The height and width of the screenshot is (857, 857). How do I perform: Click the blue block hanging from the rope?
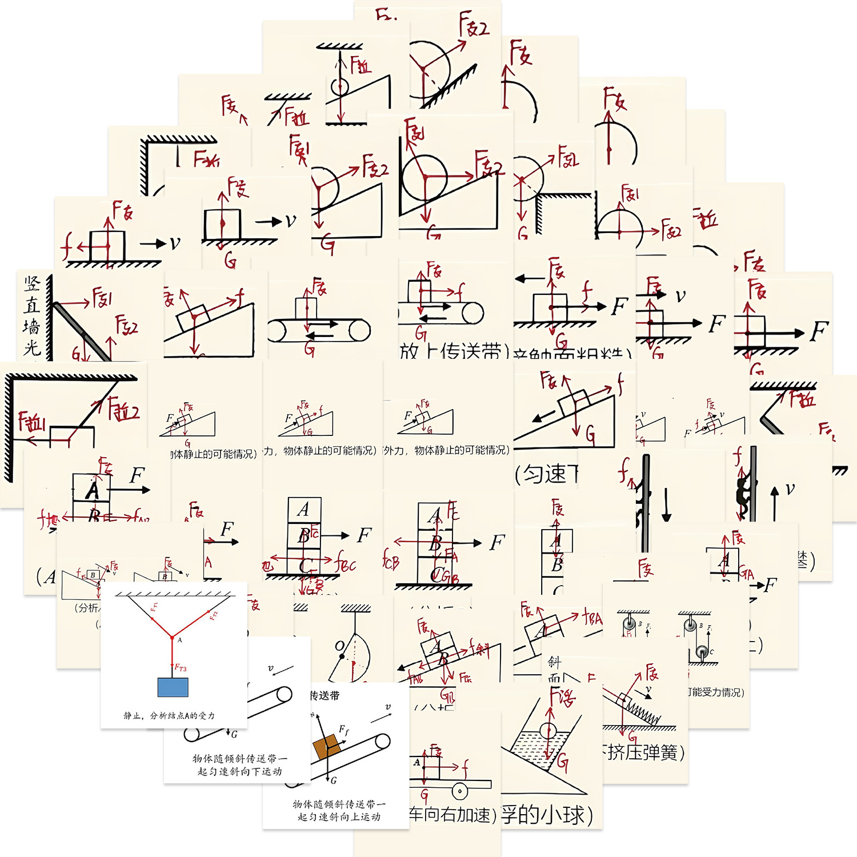click(173, 687)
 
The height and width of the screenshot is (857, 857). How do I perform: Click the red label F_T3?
click(181, 667)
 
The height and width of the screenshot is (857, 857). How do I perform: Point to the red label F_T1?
click(154, 607)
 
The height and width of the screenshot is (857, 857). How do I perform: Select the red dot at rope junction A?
click(172, 637)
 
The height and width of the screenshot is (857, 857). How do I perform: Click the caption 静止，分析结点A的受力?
click(169, 715)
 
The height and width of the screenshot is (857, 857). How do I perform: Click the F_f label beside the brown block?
click(343, 730)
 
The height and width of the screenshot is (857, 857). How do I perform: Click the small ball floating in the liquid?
click(547, 731)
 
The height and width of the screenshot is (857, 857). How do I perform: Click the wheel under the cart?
click(459, 791)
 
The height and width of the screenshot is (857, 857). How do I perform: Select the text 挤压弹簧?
click(643, 752)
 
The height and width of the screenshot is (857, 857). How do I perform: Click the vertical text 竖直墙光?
click(32, 314)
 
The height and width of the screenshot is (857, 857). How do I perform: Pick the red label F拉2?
click(125, 410)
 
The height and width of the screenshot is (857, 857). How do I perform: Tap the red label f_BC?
click(346, 564)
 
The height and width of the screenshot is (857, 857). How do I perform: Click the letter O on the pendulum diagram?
click(339, 646)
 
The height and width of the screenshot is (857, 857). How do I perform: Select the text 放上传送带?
click(451, 351)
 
